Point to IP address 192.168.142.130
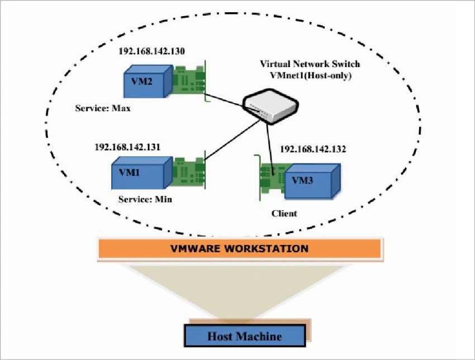point(151,51)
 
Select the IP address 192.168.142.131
point(127,147)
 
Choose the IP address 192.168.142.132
point(313,149)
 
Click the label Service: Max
point(103,108)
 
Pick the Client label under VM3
point(283,213)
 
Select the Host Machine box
point(245,337)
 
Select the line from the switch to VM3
point(270,143)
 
